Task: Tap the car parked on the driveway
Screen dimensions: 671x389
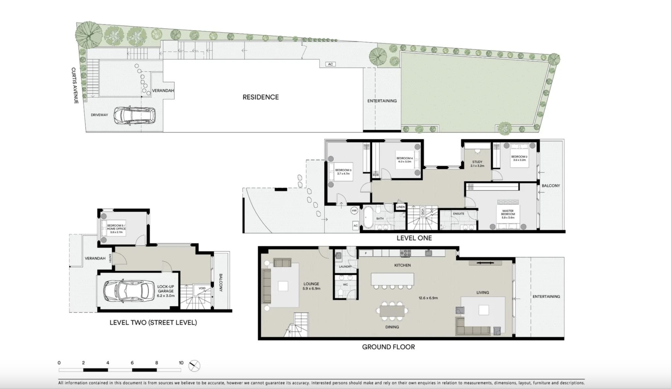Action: coord(135,116)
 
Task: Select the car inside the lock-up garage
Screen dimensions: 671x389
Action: coord(128,291)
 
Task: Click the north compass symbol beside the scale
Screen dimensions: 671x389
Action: coord(194,366)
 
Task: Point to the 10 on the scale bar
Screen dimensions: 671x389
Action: coord(181,363)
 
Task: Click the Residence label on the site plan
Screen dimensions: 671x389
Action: coord(261,97)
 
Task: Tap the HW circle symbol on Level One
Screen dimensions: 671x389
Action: coord(354,211)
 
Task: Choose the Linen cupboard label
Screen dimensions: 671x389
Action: coord(400,207)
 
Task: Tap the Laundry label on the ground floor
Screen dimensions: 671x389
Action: coord(345,266)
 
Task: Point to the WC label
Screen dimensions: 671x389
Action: coord(345,284)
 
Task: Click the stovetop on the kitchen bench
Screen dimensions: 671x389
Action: coord(405,253)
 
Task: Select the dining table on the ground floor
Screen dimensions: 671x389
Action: coord(392,311)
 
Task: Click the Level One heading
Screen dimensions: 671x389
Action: coord(414,238)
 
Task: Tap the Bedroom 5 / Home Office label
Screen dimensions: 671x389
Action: coord(116,229)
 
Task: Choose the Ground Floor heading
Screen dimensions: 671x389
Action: coord(388,347)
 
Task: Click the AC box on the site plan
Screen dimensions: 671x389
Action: coord(331,64)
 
